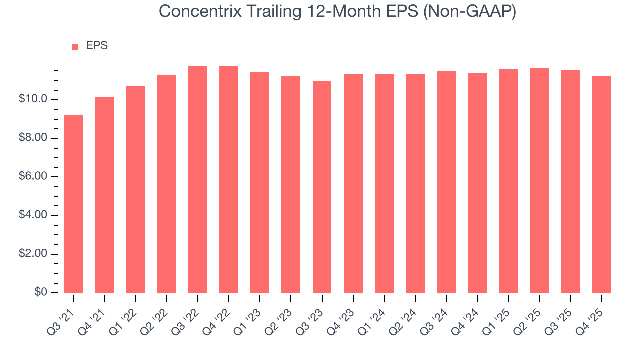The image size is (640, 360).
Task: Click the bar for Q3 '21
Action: [x=73, y=204]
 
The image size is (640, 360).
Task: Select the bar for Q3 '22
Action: [x=198, y=180]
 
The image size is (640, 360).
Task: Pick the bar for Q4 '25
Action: [x=602, y=185]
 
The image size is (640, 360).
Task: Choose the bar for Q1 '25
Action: [x=508, y=181]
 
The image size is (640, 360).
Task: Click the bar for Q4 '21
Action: [x=104, y=195]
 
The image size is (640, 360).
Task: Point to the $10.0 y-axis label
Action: [x=33, y=99]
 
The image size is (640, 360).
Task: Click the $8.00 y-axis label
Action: [x=33, y=138]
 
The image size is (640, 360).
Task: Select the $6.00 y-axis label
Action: [x=33, y=177]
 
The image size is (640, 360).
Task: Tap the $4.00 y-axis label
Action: [x=33, y=215]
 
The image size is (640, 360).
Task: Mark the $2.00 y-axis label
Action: [x=33, y=254]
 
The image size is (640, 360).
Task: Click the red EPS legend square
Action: [x=75, y=47]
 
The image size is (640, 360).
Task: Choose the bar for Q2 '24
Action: [x=415, y=183]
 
